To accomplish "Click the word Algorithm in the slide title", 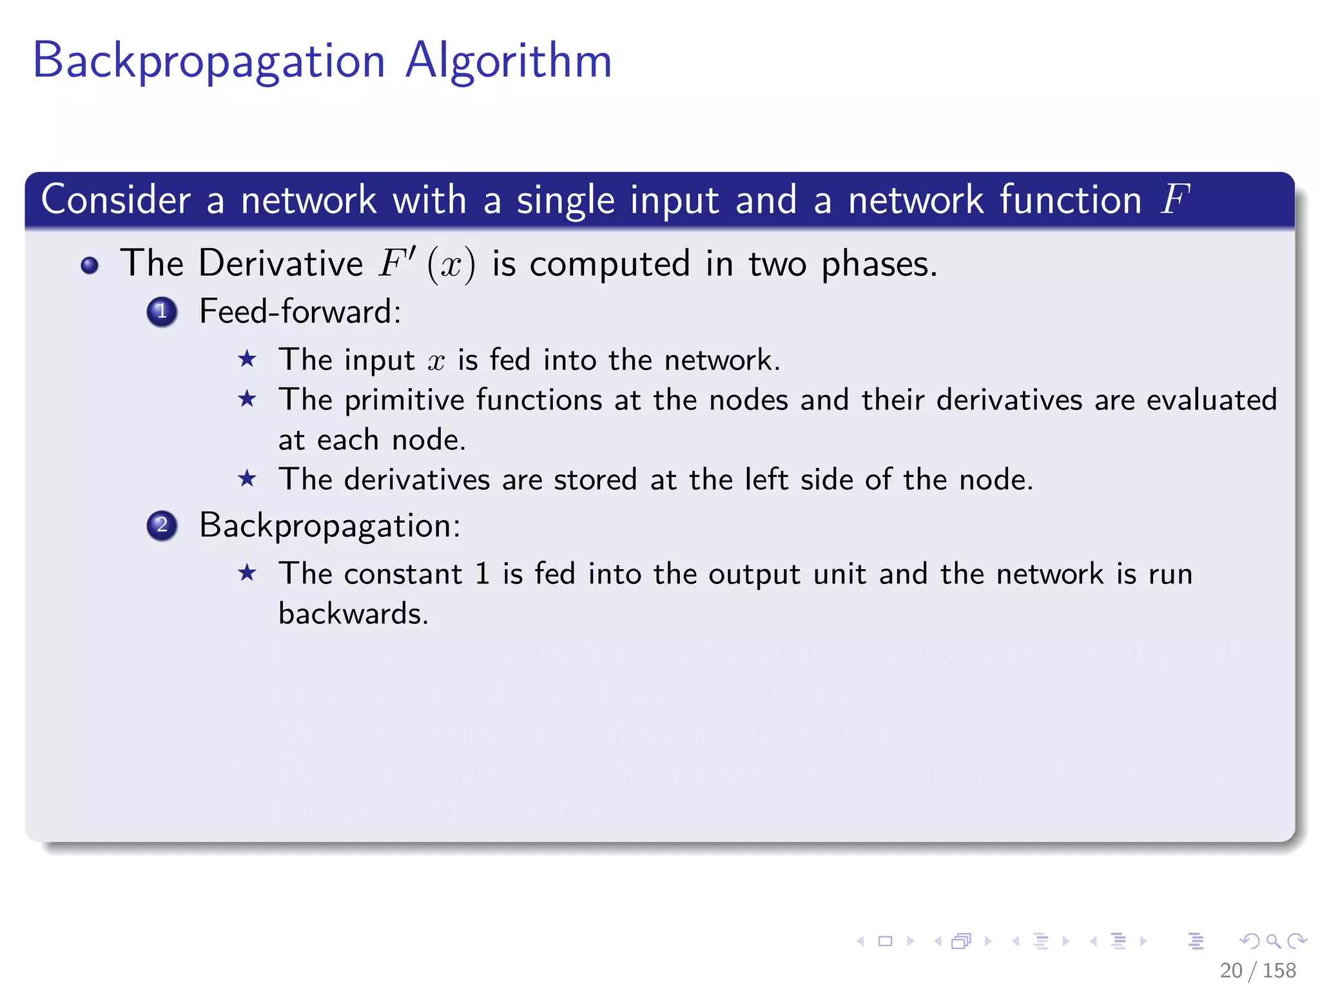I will (509, 62).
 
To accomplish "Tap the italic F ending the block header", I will (1174, 199).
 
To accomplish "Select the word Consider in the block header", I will (116, 200).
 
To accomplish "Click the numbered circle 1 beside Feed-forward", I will (162, 312).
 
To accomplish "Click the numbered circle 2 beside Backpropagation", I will (162, 525).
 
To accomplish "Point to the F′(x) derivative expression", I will (426, 264).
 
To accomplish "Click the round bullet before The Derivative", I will (90, 265).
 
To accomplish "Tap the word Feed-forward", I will (300, 312).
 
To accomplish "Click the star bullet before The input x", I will (247, 359).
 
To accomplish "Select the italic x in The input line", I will (436, 361).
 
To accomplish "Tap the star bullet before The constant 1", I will (247, 572).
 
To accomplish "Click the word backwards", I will (353, 614).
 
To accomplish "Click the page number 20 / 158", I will (1257, 970).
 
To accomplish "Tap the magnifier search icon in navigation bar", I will (1273, 941).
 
